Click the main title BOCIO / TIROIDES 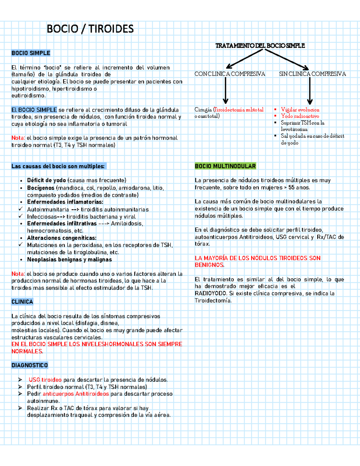pyautogui.click(x=90, y=29)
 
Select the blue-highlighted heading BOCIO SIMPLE pyautogui.click(x=31, y=53)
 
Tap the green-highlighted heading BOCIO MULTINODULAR pyautogui.click(x=225, y=166)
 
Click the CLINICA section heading pyautogui.click(x=22, y=302)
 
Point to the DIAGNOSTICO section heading pyautogui.click(x=29, y=365)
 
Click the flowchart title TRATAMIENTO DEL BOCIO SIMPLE pyautogui.click(x=260, y=46)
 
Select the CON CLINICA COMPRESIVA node pyautogui.click(x=230, y=74)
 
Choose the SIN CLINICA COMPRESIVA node pyautogui.click(x=312, y=74)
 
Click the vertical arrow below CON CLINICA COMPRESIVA pyautogui.click(x=226, y=92)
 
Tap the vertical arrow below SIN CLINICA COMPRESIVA pyautogui.click(x=310, y=92)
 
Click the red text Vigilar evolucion pyautogui.click(x=300, y=110)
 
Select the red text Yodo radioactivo pyautogui.click(x=300, y=116)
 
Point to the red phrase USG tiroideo pyautogui.click(x=45, y=380)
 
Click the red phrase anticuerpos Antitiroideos pyautogui.click(x=76, y=394)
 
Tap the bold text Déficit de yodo pyautogui.click(x=46, y=180)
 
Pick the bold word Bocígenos pyautogui.click(x=41, y=188)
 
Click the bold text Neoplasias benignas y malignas pyautogui.click(x=69, y=260)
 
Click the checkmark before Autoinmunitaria pyautogui.click(x=20, y=209)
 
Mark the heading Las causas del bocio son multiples pyautogui.click(x=58, y=166)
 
